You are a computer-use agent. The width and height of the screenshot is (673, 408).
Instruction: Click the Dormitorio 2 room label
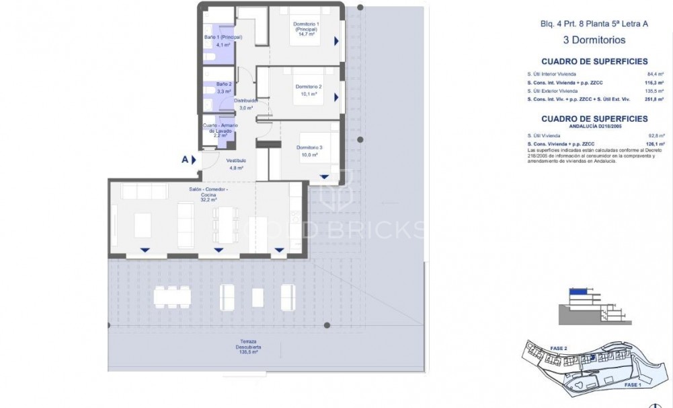click(x=309, y=86)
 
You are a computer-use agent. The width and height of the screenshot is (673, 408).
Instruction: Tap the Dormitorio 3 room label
click(x=309, y=147)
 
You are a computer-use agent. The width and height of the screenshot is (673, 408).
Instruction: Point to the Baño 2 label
click(x=214, y=83)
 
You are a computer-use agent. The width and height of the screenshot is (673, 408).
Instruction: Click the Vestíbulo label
click(x=235, y=160)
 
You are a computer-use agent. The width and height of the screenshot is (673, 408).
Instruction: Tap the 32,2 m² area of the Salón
click(x=207, y=199)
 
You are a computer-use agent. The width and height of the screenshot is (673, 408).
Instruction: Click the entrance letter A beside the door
click(x=184, y=160)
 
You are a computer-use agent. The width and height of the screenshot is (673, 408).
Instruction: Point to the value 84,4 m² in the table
click(x=655, y=73)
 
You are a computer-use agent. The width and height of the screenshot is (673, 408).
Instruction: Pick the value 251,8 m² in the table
click(x=654, y=98)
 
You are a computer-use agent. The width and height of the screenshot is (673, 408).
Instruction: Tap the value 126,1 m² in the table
click(x=655, y=143)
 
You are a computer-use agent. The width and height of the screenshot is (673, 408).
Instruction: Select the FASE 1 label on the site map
click(x=633, y=384)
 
